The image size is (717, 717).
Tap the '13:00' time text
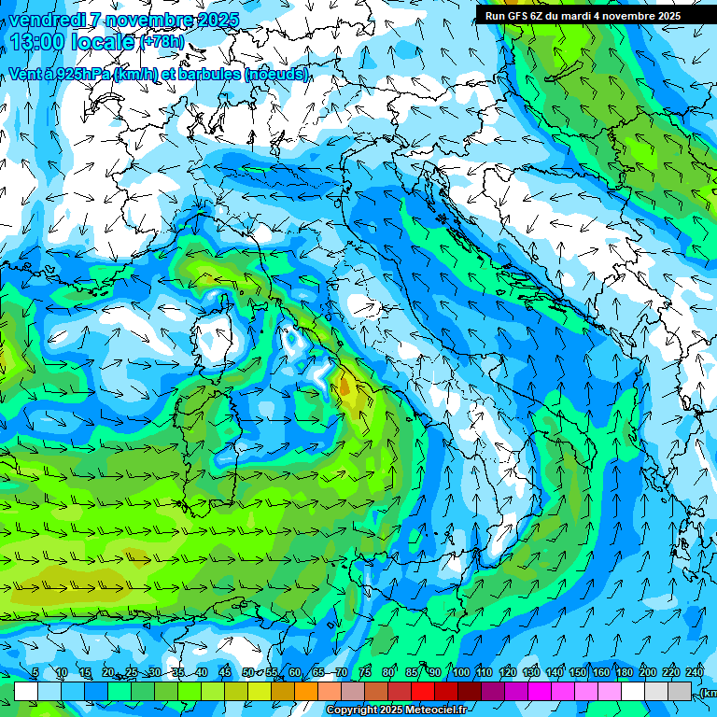click(x=36, y=42)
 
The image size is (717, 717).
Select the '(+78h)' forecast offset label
click(x=162, y=42)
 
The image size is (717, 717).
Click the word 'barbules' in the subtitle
click(x=203, y=74)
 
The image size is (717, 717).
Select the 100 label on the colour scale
click(x=460, y=673)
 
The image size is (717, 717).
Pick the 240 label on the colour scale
click(x=694, y=673)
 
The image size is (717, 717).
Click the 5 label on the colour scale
click(x=35, y=673)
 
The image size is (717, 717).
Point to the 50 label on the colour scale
click(x=247, y=673)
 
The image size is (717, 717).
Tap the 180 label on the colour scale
click(x=624, y=673)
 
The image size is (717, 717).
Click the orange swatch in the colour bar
click(x=306, y=691)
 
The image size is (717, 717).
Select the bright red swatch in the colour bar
click(x=423, y=691)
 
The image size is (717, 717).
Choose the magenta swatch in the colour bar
click(x=540, y=691)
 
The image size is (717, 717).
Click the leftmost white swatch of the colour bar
click(x=26, y=691)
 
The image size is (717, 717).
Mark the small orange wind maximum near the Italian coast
click(x=344, y=385)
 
